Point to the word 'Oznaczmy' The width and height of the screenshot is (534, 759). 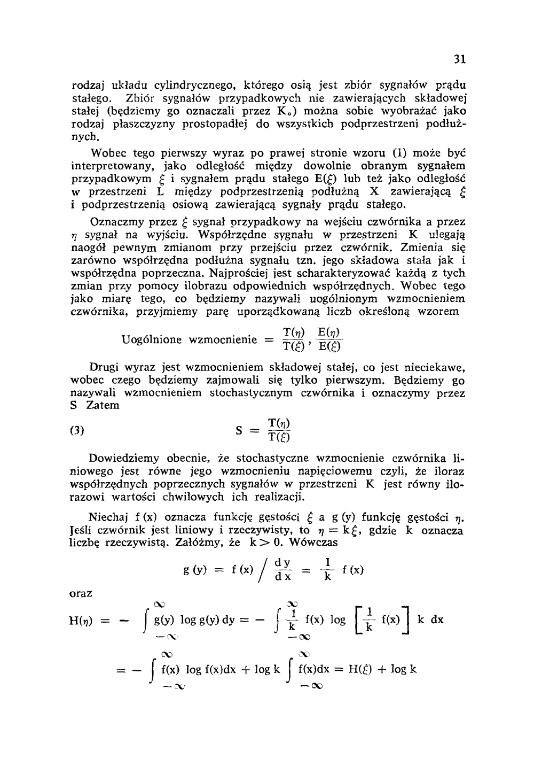tap(114, 222)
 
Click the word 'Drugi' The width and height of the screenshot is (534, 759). tap(104, 368)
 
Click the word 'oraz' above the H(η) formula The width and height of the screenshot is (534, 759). tap(82, 593)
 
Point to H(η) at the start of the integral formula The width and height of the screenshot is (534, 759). tap(82, 621)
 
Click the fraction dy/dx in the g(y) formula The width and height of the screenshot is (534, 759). tap(282, 570)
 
